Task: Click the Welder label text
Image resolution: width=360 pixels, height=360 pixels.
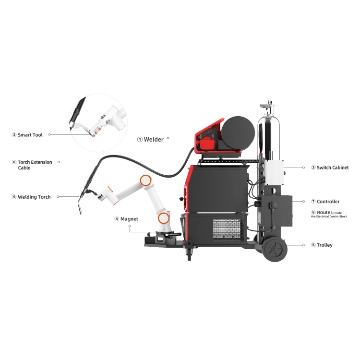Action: pyautogui.click(x=154, y=139)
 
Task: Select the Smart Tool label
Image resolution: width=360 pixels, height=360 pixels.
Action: pyautogui.click(x=30, y=135)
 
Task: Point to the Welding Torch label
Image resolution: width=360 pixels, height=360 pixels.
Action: pyautogui.click(x=34, y=197)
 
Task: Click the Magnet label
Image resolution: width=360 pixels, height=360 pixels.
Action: pyautogui.click(x=129, y=219)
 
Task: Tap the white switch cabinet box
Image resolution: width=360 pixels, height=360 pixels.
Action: pyautogui.click(x=272, y=172)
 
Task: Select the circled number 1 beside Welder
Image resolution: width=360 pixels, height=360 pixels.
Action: pyautogui.click(x=140, y=139)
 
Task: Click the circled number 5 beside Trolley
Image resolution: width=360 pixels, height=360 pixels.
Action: pyautogui.click(x=313, y=245)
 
